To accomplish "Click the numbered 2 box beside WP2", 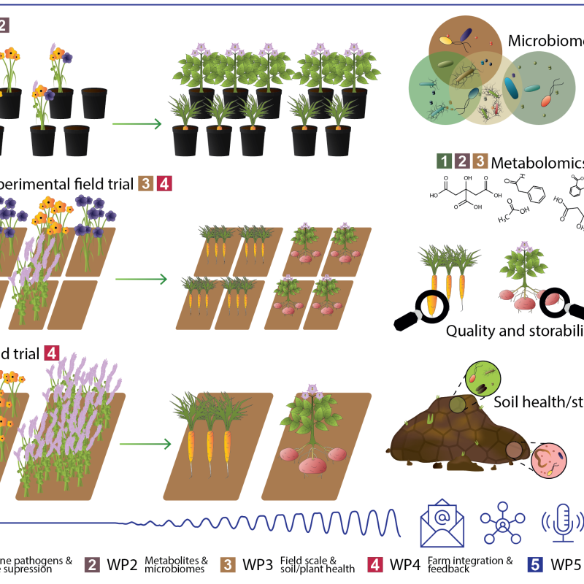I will pyautogui.click(x=93, y=564).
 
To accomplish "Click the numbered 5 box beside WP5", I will pyautogui.click(x=534, y=564).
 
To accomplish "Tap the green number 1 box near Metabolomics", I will pyautogui.click(x=441, y=161).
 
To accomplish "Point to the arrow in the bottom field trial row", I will pyautogui.click(x=143, y=443).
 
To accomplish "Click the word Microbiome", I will pyautogui.click(x=543, y=41).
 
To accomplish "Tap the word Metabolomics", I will pyautogui.click(x=537, y=162).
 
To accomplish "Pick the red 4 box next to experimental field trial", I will pyautogui.click(x=165, y=184).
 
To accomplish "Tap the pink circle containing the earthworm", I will pyautogui.click(x=546, y=463).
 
